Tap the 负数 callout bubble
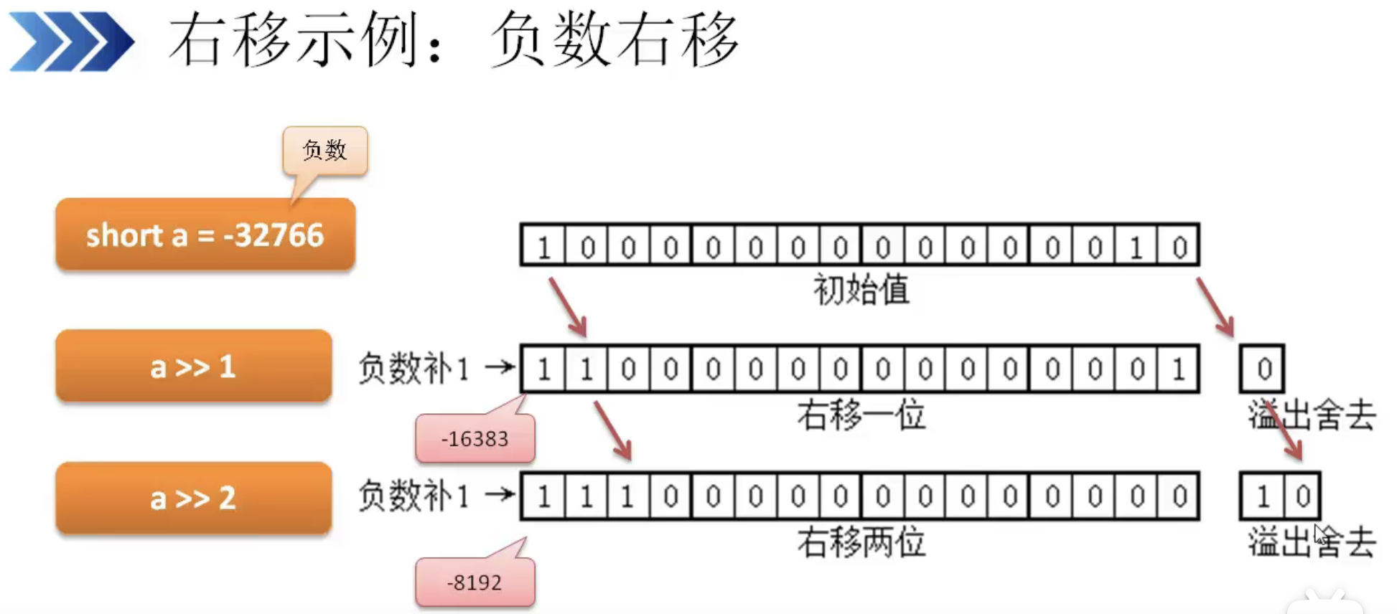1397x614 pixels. point(325,151)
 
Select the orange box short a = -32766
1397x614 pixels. point(205,235)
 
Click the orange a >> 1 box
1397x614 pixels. point(193,367)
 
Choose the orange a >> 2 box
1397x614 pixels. point(193,498)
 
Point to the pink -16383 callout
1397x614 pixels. point(475,439)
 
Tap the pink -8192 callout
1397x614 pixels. point(475,582)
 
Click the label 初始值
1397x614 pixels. point(861,291)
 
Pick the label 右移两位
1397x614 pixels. point(861,543)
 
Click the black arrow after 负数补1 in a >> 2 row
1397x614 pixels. point(500,494)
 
